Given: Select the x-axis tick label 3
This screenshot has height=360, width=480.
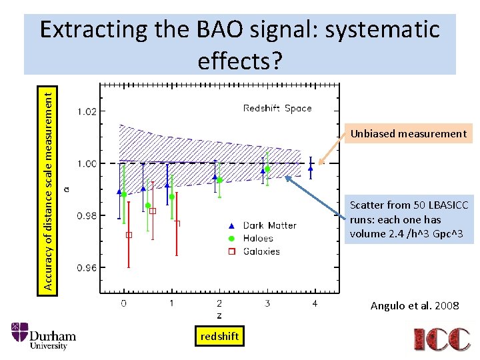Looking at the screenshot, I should (267, 304).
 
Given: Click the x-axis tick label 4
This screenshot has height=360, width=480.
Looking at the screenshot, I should (315, 304).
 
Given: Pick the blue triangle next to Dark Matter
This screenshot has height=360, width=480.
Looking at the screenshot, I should (231, 225).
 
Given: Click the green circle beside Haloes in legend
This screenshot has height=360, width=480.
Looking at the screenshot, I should (231, 238).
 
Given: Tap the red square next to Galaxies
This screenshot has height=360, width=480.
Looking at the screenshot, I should (231, 251).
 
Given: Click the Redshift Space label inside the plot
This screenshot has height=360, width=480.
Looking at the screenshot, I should (277, 108).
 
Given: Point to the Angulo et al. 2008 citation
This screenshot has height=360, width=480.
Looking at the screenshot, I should (415, 306).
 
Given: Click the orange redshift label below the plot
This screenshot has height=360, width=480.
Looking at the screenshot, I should (219, 337).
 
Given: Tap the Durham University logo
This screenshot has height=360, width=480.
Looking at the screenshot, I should (44, 336).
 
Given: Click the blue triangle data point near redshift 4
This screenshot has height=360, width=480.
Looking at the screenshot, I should (311, 168).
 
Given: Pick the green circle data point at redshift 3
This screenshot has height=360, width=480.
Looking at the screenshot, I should (267, 169).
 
